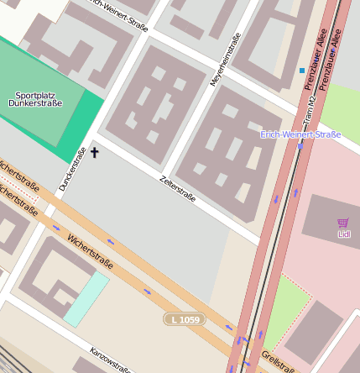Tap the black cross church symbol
click(94, 152)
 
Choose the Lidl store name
click(342, 234)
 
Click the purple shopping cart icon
click(342, 223)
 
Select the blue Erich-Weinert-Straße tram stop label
click(300, 134)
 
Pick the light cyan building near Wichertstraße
click(86, 298)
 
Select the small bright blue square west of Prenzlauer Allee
click(302, 71)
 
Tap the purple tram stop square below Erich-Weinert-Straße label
click(300, 146)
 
